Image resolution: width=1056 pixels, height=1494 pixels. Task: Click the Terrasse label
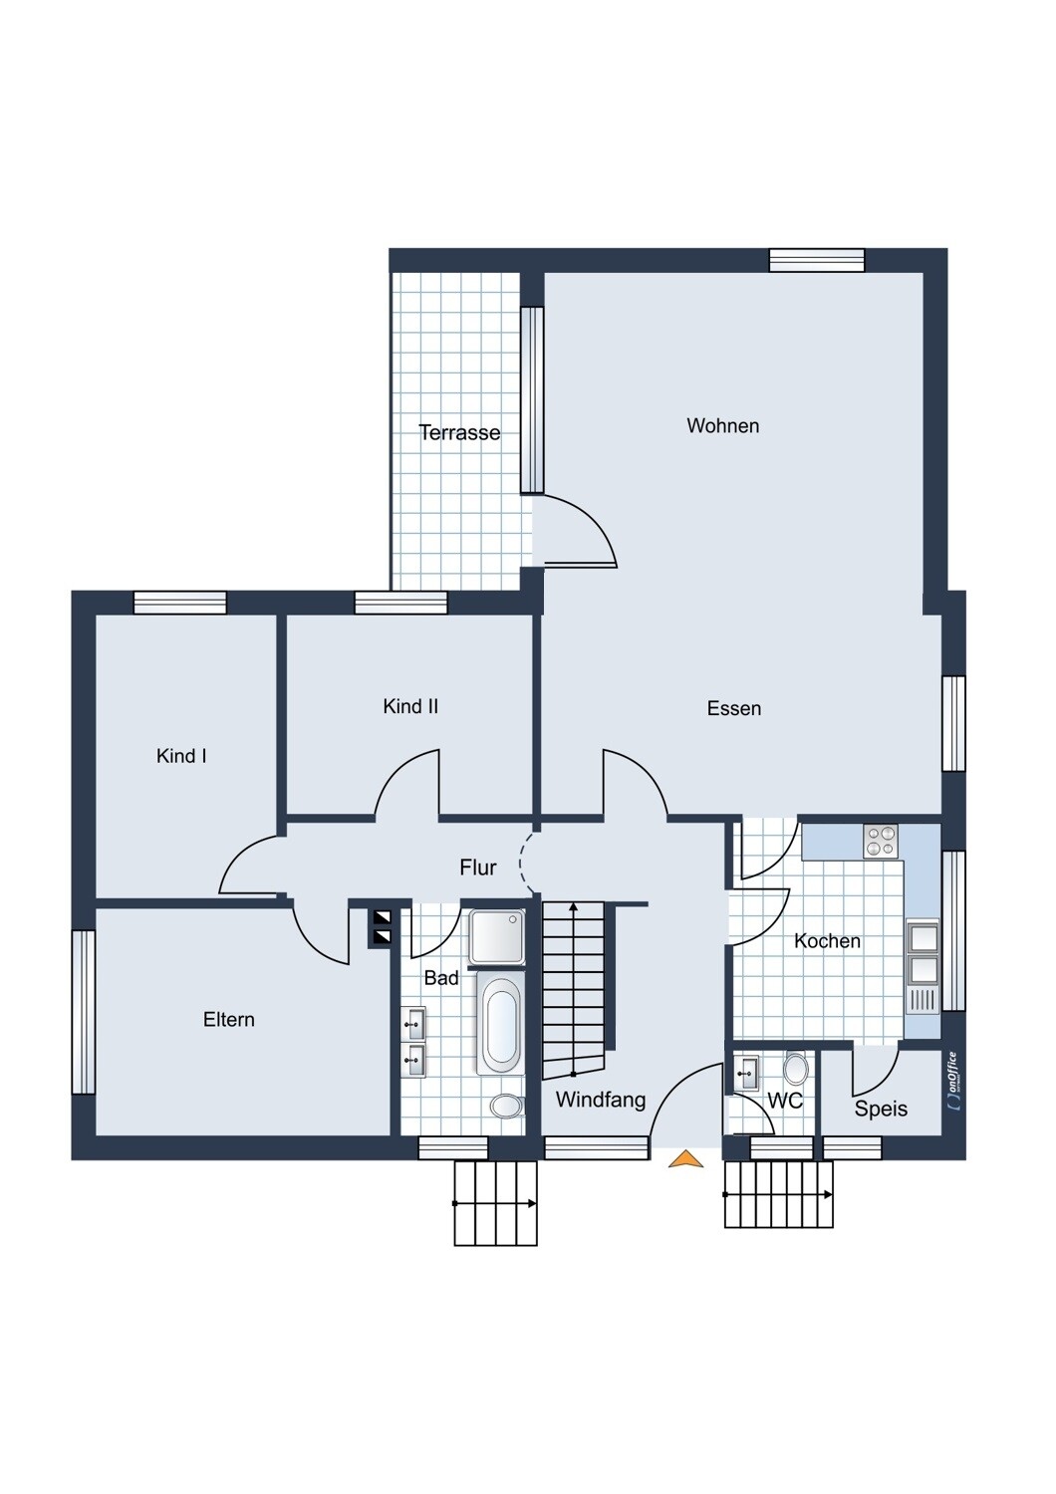[x=459, y=433]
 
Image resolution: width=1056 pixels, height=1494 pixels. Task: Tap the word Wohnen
[x=723, y=425]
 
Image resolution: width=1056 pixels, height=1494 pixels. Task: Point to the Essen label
[x=734, y=708]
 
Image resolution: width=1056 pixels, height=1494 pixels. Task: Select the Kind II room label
[x=410, y=706]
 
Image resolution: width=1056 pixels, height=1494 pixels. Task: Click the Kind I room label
[x=180, y=756]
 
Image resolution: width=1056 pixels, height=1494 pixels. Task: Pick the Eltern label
[x=229, y=1019]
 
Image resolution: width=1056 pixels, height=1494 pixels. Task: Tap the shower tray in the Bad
[x=496, y=937]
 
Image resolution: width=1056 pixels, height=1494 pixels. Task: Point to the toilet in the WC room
[x=795, y=1068]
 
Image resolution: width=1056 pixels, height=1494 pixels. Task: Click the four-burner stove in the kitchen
[x=881, y=841]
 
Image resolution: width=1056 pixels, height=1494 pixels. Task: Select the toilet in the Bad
[x=507, y=1107]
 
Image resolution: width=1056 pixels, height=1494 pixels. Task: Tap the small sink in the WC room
[x=746, y=1073]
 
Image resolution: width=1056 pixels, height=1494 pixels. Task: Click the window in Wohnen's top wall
[x=817, y=260]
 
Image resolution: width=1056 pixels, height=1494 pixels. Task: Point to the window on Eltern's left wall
[x=84, y=1012]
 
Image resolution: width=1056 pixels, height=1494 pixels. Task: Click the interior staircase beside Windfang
[x=574, y=990]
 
